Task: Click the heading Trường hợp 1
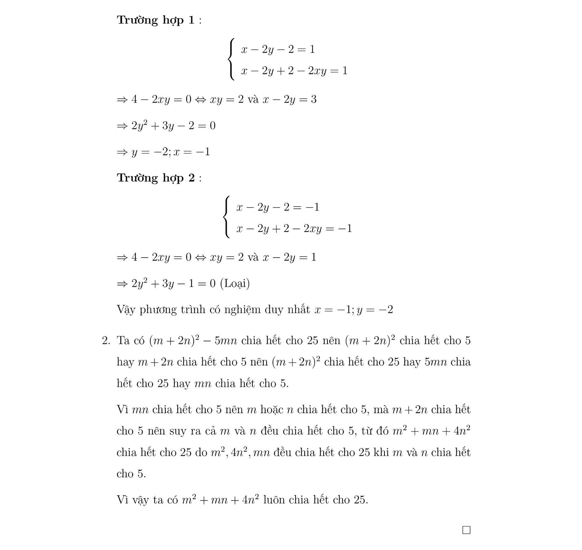click(156, 20)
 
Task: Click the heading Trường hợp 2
click(156, 178)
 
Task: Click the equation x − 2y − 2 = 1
click(278, 49)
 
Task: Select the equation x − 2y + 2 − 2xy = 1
click(294, 71)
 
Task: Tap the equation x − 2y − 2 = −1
click(278, 207)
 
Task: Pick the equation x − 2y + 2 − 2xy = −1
click(294, 229)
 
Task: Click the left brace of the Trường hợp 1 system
click(232, 60)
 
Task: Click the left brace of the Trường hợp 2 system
click(227, 217)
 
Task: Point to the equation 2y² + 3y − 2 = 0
click(173, 126)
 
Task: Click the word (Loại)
click(235, 283)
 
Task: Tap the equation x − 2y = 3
click(289, 99)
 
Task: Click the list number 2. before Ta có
click(106, 341)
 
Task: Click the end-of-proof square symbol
click(466, 530)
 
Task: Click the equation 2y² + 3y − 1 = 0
click(173, 283)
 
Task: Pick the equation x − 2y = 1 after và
click(289, 257)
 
